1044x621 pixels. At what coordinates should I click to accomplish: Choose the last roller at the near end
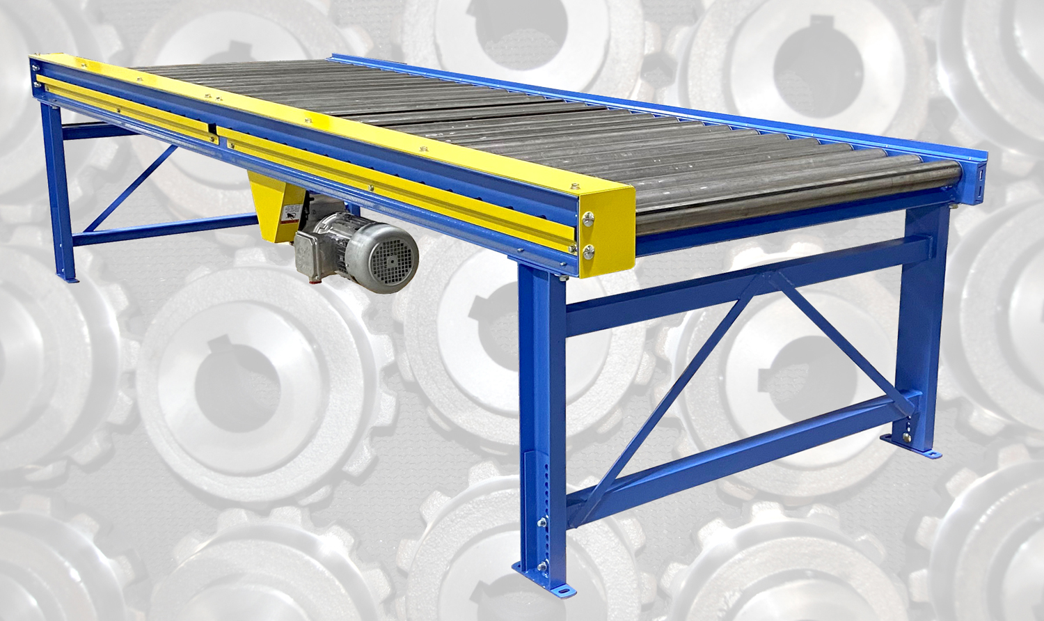click(x=800, y=202)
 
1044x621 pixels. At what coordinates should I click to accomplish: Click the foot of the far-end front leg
click(x=68, y=278)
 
